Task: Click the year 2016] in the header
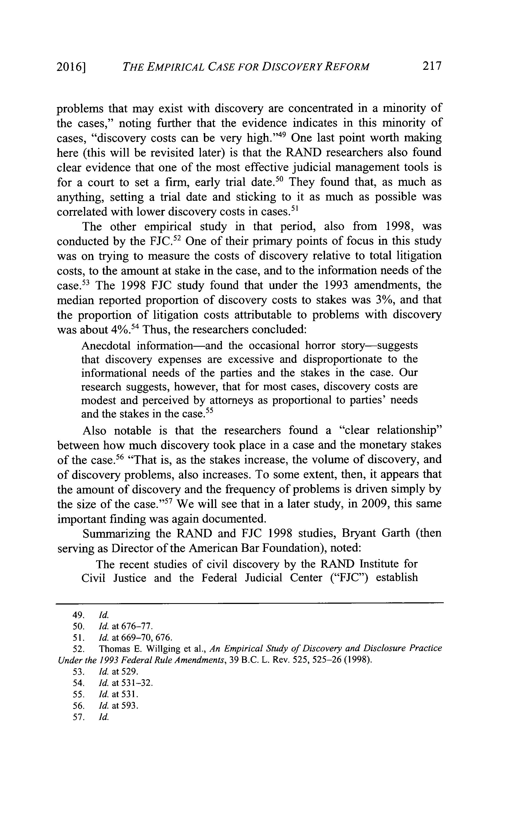coord(70,67)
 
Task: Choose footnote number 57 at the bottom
coord(78,717)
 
